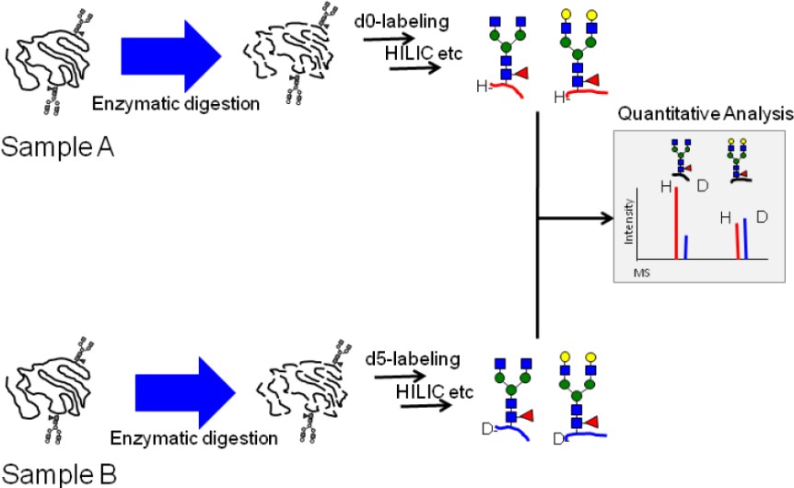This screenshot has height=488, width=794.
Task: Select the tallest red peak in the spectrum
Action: [677, 226]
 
